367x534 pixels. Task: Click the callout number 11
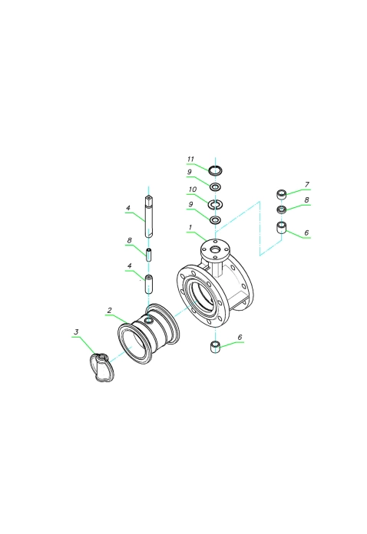click(190, 159)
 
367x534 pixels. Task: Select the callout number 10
click(193, 190)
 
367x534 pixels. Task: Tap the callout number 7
click(306, 184)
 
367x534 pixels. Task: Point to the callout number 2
click(109, 310)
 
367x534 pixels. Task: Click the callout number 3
click(76, 331)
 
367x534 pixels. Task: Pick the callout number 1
click(190, 227)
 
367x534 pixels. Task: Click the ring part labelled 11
click(215, 170)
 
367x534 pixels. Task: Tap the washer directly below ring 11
click(215, 186)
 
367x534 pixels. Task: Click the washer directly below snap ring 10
click(215, 220)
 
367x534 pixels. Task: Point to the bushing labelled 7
click(281, 194)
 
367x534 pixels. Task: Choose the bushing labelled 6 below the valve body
click(215, 347)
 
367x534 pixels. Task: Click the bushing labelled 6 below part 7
click(282, 227)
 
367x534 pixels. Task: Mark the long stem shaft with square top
click(148, 216)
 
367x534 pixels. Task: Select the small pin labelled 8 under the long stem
click(149, 255)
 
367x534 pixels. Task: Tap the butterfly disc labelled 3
click(102, 367)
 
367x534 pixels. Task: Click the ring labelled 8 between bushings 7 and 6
click(282, 209)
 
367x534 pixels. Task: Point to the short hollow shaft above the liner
click(149, 284)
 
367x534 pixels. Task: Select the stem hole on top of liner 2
click(149, 321)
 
